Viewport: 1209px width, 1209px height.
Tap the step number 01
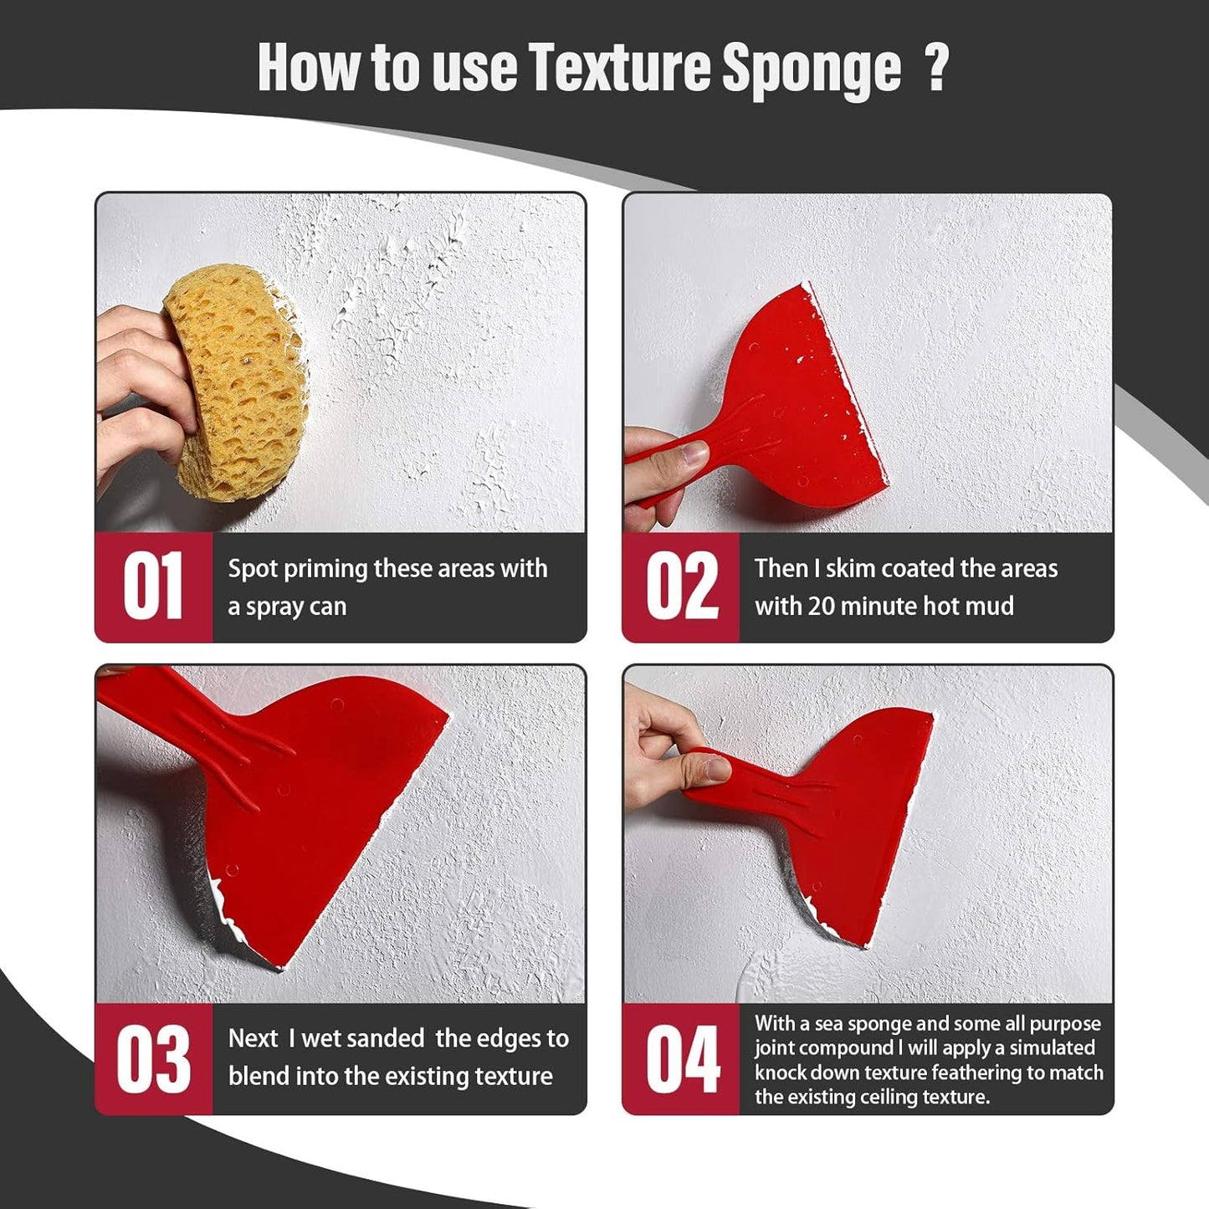point(153,587)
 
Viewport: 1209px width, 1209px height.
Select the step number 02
point(681,587)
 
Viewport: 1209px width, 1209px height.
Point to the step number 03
point(153,1059)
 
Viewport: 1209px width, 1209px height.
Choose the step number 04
point(681,1059)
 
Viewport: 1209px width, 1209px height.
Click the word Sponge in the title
point(811,69)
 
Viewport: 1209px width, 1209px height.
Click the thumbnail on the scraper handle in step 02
point(692,455)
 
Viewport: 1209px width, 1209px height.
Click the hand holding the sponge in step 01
point(138,393)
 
